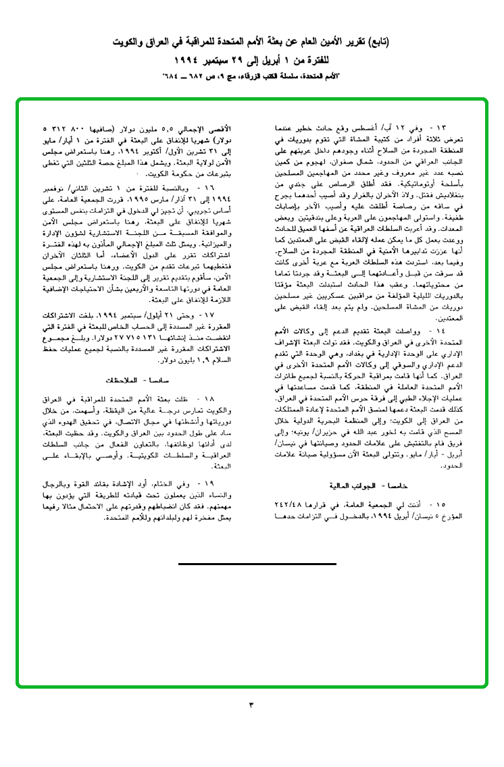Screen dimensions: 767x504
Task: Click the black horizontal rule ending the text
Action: coord(257,563)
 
